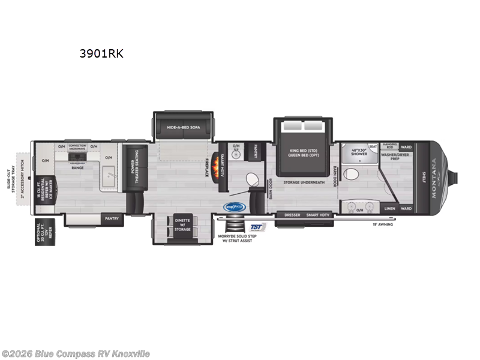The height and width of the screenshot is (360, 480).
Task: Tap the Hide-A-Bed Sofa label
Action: pos(184,127)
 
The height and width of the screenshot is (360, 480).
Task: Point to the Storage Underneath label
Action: pos(304,182)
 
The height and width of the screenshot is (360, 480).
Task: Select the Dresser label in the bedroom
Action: pos(292,215)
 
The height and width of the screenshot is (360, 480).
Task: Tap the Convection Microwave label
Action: pos(78,147)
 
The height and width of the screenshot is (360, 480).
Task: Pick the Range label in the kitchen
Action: pos(78,167)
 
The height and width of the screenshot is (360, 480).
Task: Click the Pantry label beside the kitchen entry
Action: pos(112,218)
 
